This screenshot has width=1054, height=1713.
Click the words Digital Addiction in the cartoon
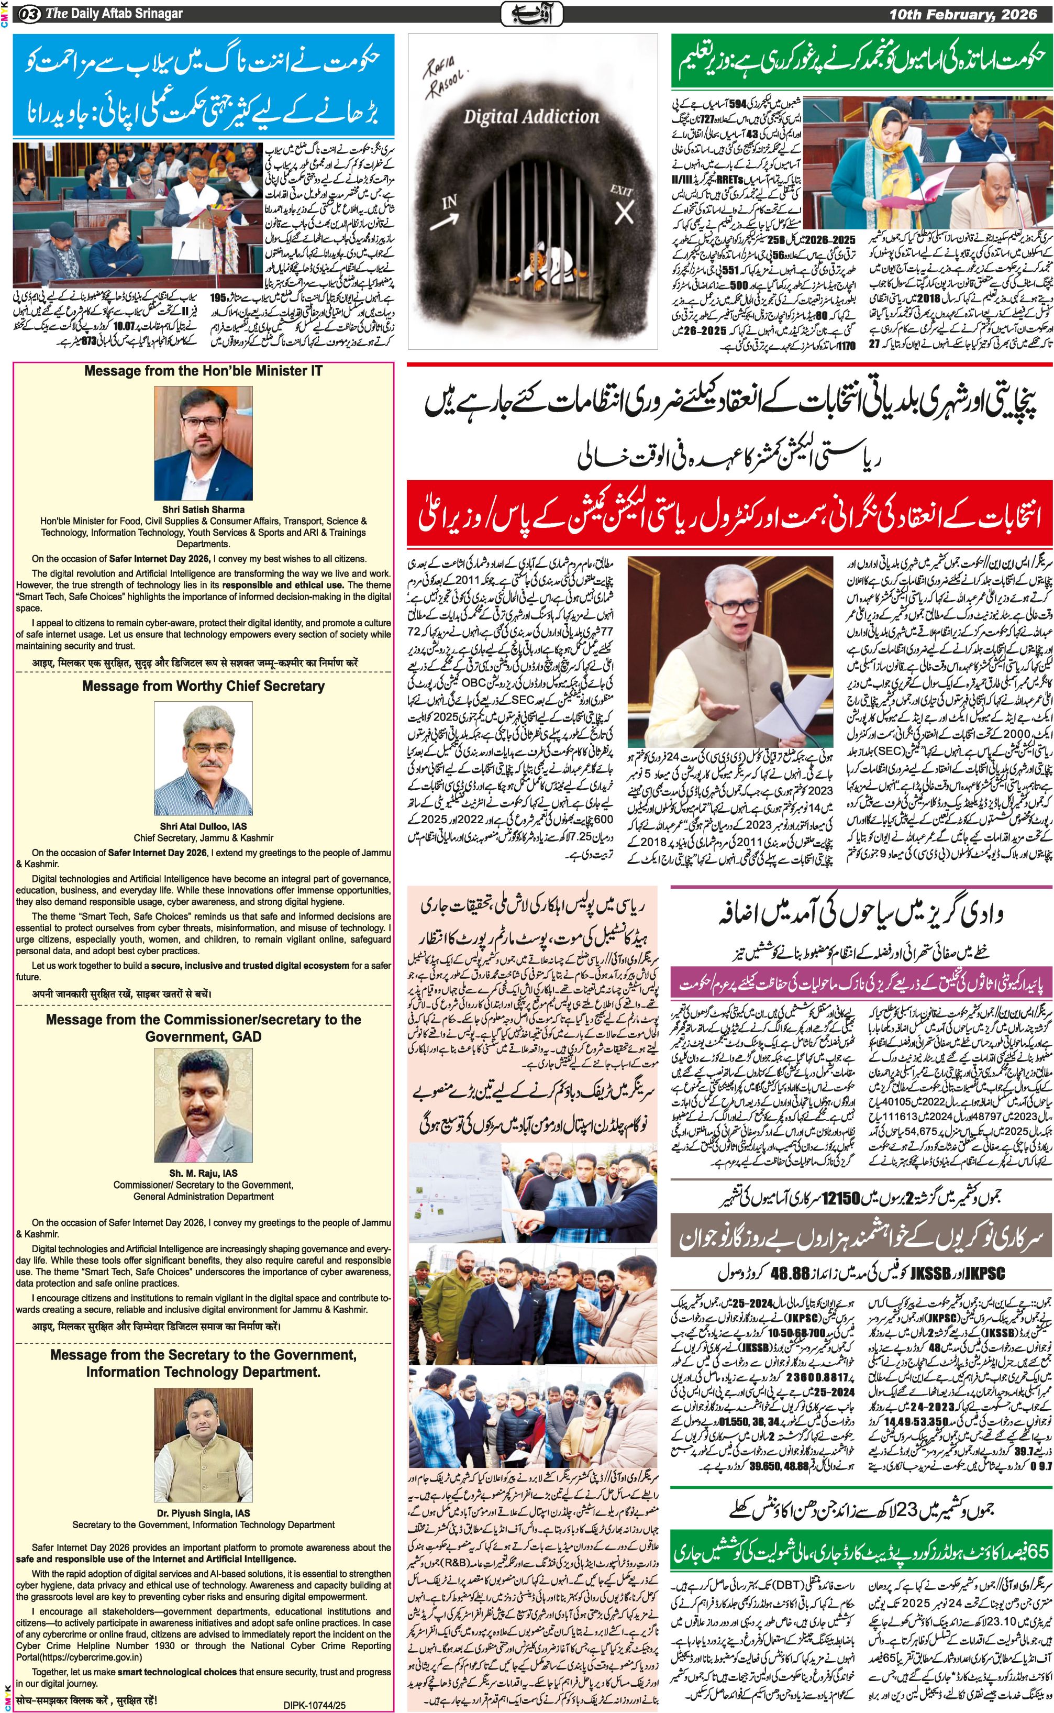click(531, 116)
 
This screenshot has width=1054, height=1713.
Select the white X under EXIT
click(624, 213)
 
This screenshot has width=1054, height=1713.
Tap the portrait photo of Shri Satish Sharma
click(204, 444)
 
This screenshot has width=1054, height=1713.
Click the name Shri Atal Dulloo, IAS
click(204, 826)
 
